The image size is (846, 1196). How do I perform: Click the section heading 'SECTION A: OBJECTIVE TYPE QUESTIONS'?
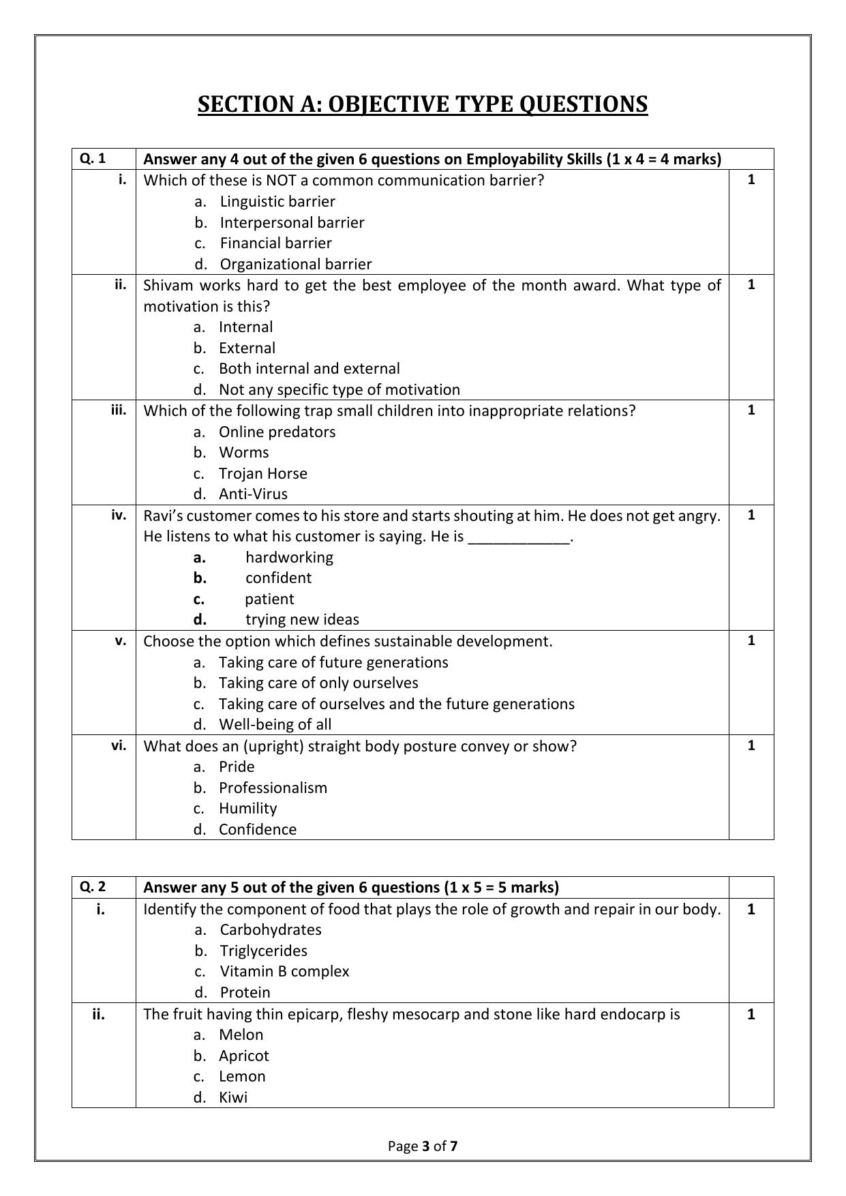pos(423,104)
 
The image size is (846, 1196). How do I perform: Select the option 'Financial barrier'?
pos(275,243)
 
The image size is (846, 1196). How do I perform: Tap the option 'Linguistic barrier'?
pos(277,202)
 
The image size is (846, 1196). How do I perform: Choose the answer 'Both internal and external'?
pos(309,369)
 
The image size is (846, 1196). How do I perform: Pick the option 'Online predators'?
pos(277,432)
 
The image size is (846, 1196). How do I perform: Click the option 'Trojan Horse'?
pos(262,474)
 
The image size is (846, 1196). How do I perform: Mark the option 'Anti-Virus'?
pos(253,494)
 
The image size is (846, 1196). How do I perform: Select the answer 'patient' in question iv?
pos(269,599)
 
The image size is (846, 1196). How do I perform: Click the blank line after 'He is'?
pos(519,537)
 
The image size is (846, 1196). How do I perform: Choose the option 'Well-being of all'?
pos(275,725)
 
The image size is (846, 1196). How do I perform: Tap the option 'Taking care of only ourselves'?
pos(318,683)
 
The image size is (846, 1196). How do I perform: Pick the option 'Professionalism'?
pos(273,788)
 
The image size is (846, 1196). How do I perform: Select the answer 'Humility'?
pos(247,809)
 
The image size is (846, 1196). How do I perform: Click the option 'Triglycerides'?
pos(263,951)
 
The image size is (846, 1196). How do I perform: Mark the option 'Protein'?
pos(245,993)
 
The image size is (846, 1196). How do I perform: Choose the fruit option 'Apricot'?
pos(243,1056)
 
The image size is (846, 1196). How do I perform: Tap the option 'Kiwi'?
pos(232,1098)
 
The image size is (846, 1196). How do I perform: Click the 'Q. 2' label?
pos(93,887)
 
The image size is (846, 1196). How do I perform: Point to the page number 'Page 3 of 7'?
pos(423,1146)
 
